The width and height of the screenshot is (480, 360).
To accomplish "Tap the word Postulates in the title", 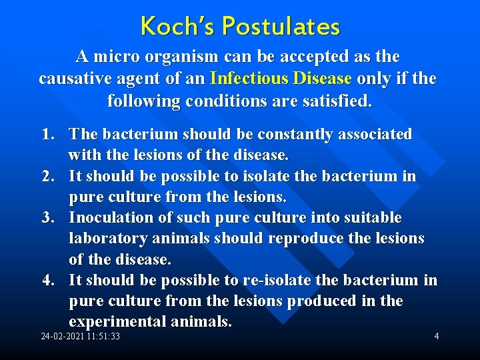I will click(281, 27).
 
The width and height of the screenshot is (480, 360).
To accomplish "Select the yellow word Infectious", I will click(247, 79).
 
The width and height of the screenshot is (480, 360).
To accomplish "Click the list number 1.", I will click(47, 135).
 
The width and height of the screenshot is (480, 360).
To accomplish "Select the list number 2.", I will click(47, 177).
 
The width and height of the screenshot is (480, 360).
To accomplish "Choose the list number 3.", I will click(47, 218).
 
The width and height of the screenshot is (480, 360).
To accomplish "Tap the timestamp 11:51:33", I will click(104, 337).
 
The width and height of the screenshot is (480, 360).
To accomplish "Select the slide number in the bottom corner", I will click(437, 336).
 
